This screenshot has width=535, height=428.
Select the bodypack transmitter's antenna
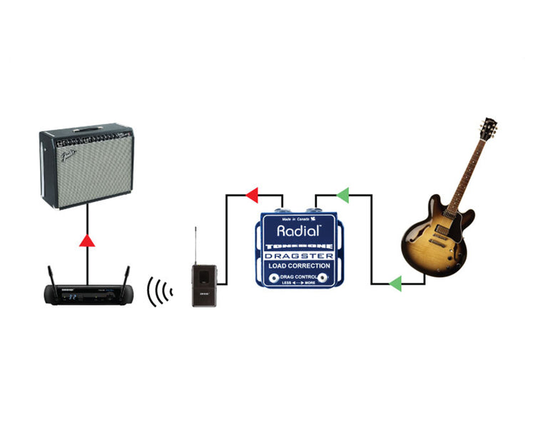(195, 246)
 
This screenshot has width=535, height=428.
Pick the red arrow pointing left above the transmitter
(252, 195)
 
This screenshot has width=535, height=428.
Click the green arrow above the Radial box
(342, 195)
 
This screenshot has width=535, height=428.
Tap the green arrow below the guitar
(394, 284)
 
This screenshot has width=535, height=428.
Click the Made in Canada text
(296, 219)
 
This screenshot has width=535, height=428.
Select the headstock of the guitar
(489, 131)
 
